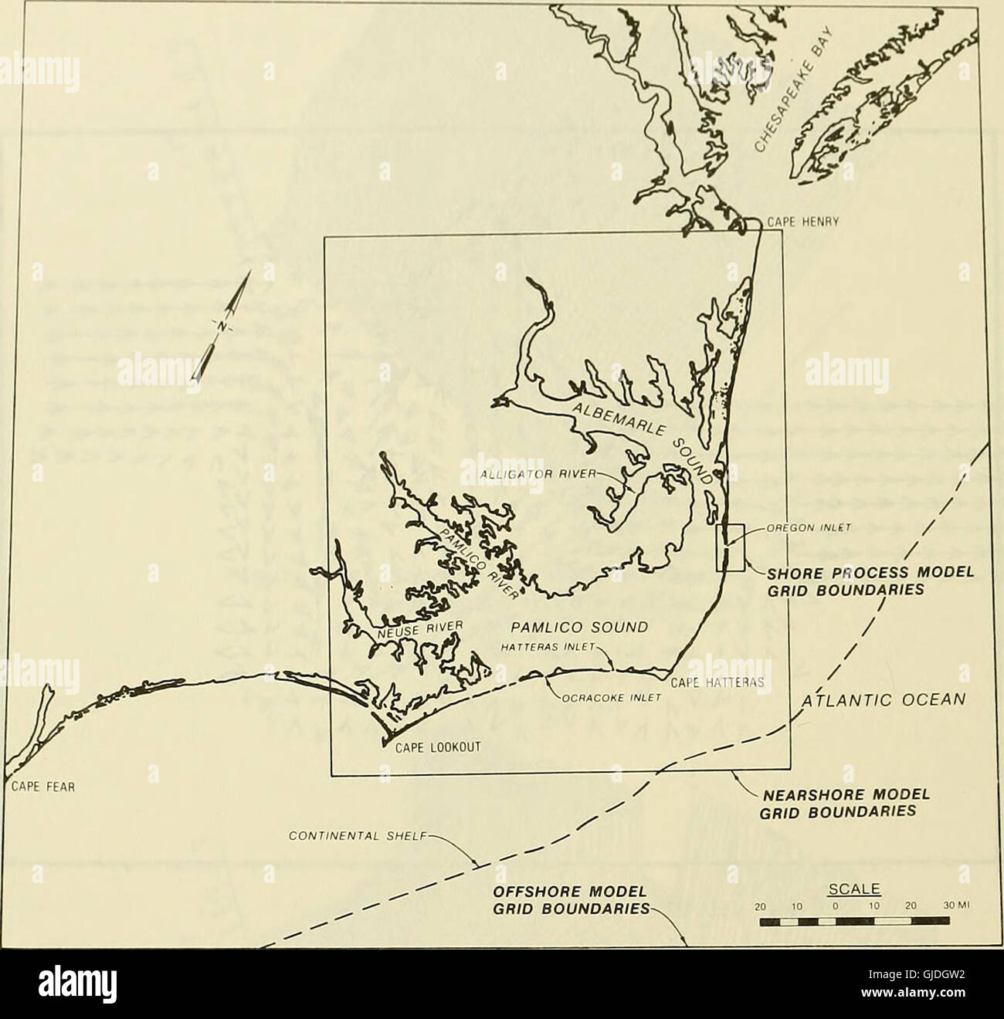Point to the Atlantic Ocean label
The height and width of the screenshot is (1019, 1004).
click(883, 700)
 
